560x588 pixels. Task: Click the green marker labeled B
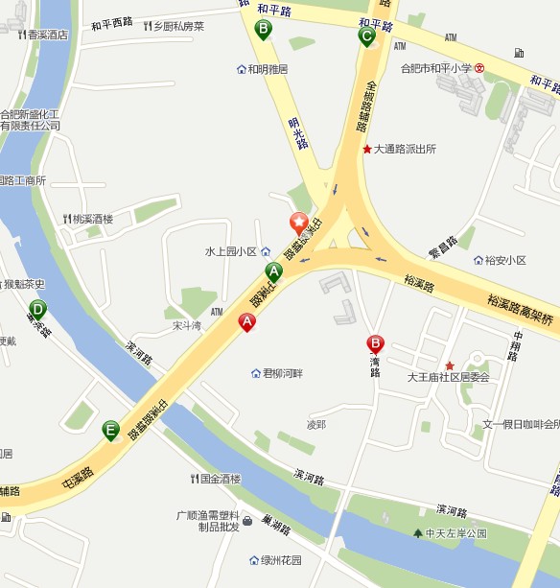263,30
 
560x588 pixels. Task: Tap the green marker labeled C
366,36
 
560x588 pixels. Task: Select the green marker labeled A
273,270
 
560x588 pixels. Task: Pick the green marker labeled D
37,310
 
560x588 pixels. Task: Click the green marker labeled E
111,430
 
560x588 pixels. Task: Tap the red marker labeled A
246,323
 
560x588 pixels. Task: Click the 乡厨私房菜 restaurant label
178,26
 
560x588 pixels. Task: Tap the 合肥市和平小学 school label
437,68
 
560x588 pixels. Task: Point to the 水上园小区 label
231,251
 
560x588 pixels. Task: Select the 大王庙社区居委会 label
448,377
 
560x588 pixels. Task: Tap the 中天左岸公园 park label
455,532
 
